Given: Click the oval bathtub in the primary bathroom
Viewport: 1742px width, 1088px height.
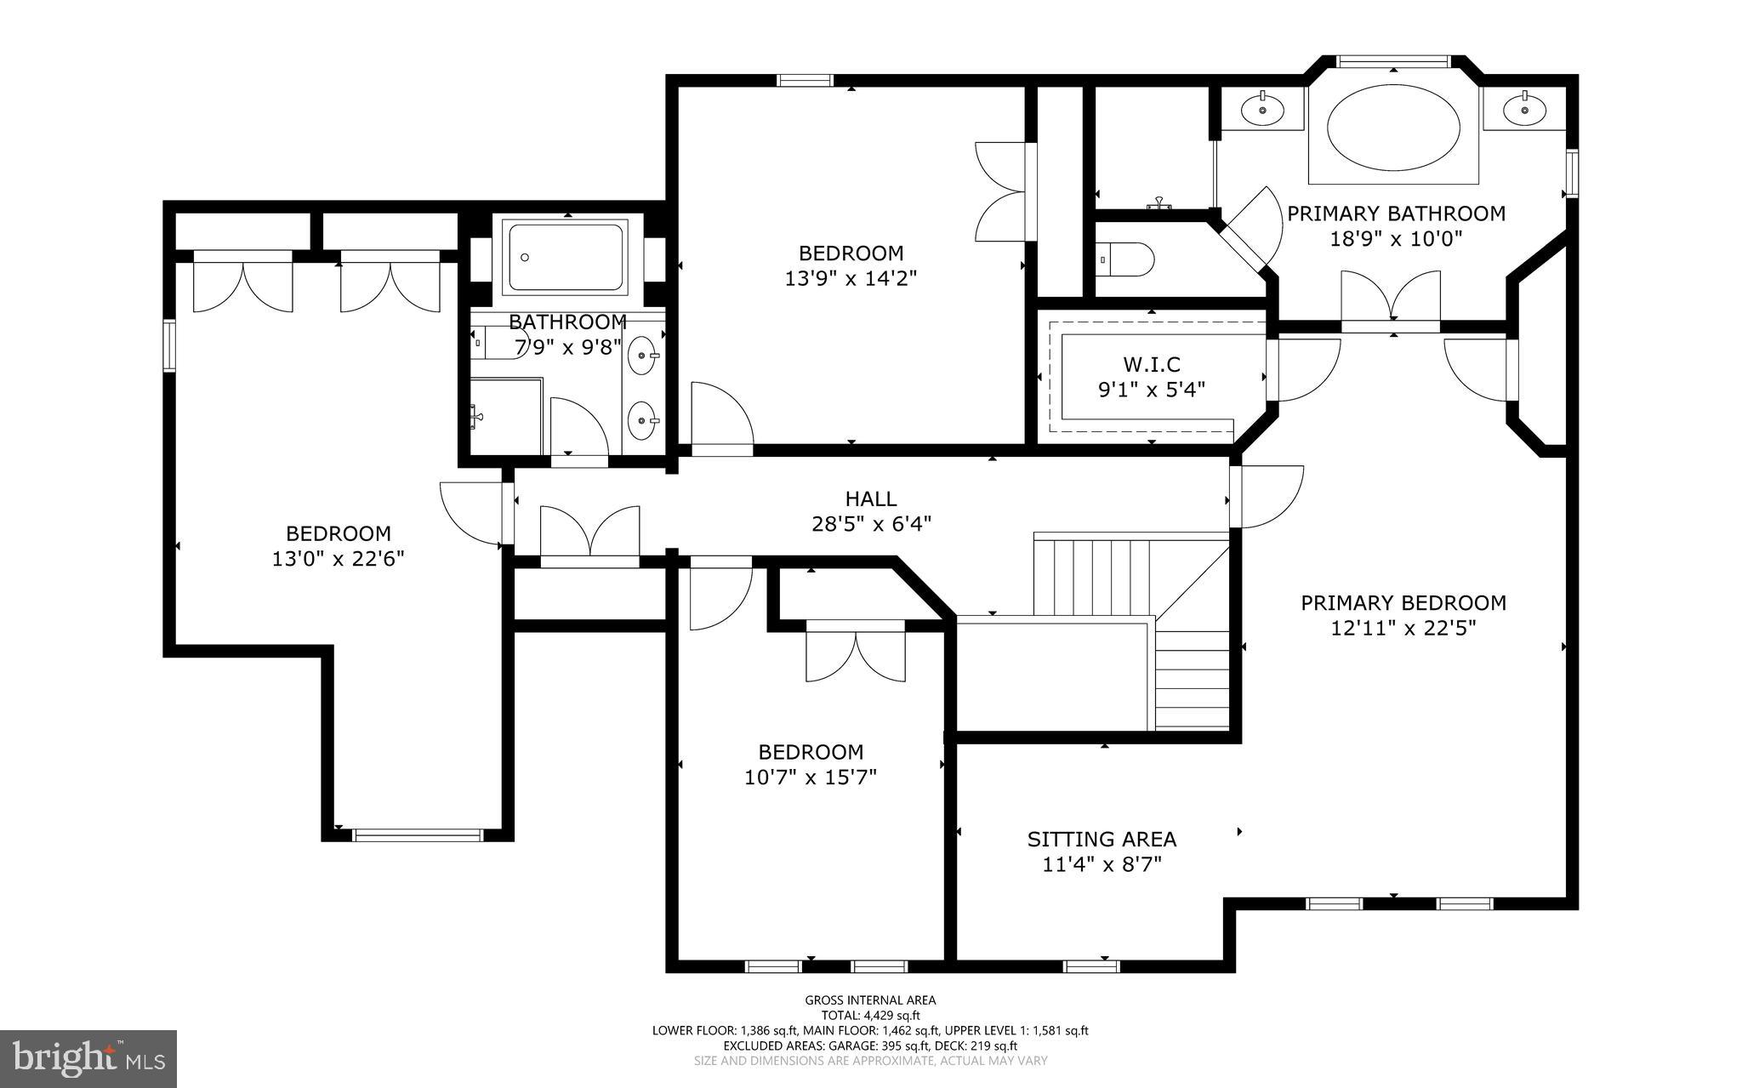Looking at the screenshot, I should click(1393, 132).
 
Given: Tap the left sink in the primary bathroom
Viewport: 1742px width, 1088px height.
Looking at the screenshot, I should click(1262, 110).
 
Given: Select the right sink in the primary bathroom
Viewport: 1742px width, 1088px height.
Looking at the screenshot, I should click(1524, 110).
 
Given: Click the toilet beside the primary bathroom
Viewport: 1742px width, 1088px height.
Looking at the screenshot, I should click(1124, 259).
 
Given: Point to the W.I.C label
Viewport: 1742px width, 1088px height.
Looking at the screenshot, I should click(1152, 365).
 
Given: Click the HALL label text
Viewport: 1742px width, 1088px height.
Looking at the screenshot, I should click(870, 499).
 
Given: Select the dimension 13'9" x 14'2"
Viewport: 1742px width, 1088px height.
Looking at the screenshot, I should click(851, 278).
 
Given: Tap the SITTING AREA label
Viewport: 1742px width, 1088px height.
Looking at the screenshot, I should click(1102, 840).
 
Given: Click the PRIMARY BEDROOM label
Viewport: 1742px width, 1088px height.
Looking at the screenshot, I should click(1403, 603).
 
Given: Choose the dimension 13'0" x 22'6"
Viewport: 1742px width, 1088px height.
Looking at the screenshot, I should click(338, 559).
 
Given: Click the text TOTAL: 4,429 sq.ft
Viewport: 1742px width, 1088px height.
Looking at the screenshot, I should click(870, 1016).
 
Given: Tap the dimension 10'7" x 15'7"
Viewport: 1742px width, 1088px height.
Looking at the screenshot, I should click(811, 778).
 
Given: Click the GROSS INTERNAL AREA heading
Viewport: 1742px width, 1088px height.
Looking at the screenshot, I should click(870, 1000).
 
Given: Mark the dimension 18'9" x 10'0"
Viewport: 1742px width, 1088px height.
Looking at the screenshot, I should click(1396, 239).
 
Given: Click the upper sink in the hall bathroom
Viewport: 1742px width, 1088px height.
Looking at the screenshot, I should click(642, 355).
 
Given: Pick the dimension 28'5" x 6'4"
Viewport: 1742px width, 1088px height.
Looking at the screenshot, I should click(871, 524).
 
